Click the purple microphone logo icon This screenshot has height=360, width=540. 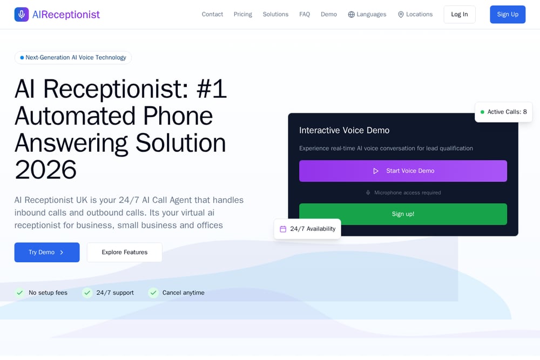click(22, 15)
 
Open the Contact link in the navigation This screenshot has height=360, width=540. click(212, 15)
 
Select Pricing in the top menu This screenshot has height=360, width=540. click(243, 15)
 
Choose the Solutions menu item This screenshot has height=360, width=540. click(275, 15)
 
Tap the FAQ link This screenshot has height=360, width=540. click(305, 15)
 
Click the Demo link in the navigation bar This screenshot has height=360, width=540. click(329, 15)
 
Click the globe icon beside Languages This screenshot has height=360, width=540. click(352, 15)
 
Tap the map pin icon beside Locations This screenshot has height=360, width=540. click(401, 15)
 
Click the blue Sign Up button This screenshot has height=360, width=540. click(508, 15)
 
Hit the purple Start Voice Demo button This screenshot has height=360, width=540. click(403, 171)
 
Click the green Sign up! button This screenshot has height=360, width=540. click(403, 214)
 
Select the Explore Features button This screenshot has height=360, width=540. click(124, 252)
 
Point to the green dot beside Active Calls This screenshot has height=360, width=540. click(482, 112)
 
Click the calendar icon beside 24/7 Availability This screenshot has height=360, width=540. click(283, 229)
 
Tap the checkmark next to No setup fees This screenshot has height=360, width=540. click(19, 293)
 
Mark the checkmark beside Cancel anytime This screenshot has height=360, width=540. click(153, 293)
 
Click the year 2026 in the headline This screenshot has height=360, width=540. click(45, 169)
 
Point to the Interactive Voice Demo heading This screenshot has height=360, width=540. click(344, 130)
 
